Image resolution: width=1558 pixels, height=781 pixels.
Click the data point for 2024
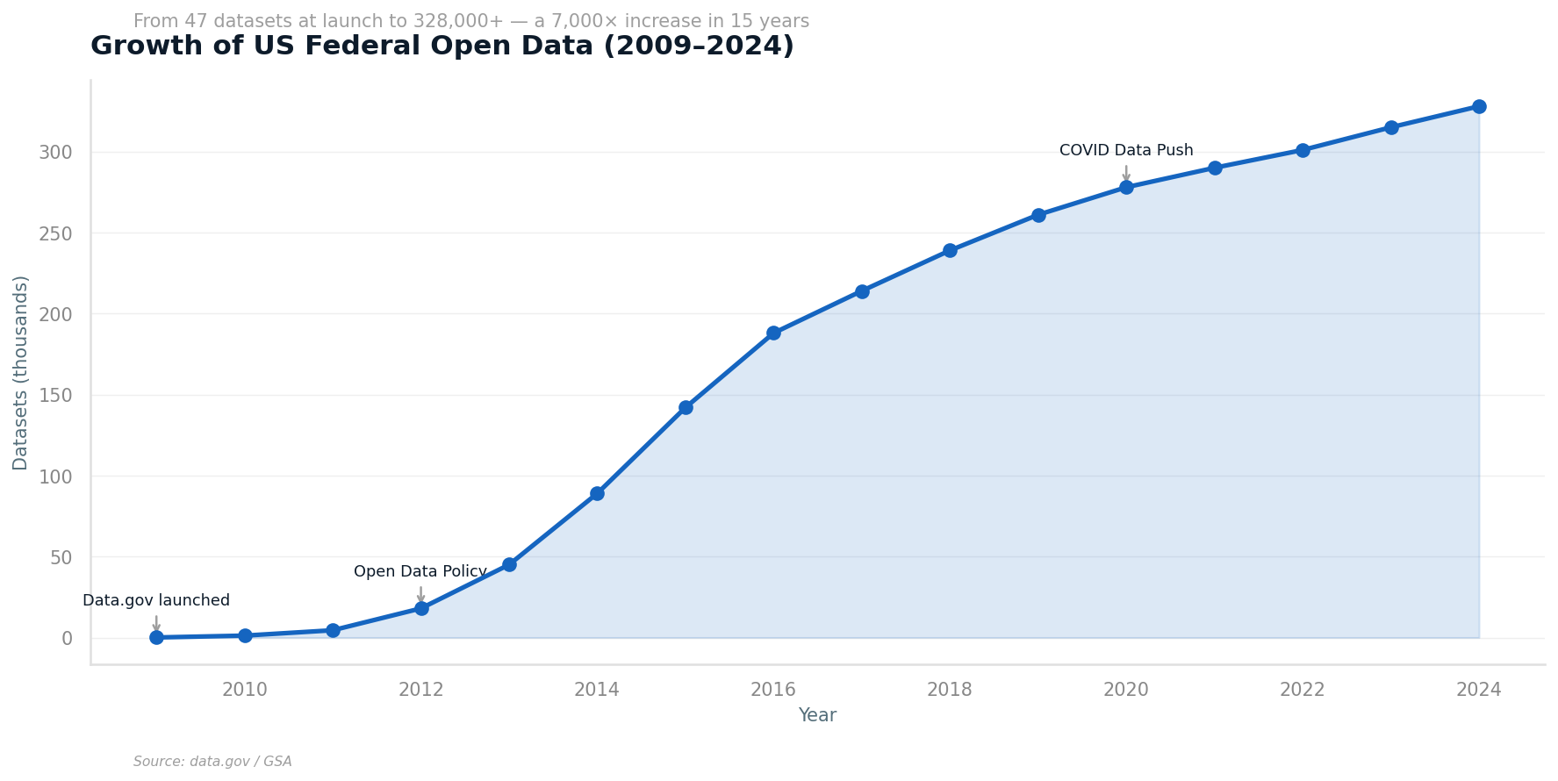pyautogui.click(x=1479, y=107)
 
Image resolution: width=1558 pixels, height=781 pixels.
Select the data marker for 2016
pyautogui.click(x=773, y=333)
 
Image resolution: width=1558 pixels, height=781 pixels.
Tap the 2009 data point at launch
pyautogui.click(x=156, y=637)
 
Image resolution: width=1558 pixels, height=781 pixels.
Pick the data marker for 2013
pyautogui.click(x=509, y=564)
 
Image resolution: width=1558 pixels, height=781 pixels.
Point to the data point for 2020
pyautogui.click(x=1126, y=187)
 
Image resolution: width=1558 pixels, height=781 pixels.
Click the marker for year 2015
pyautogui.click(x=686, y=407)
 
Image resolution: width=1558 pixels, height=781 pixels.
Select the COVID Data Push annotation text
pyautogui.click(x=1126, y=151)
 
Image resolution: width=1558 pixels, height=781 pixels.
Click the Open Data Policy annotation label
pyautogui.click(x=420, y=572)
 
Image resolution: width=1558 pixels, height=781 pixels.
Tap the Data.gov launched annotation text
pyautogui.click(x=156, y=601)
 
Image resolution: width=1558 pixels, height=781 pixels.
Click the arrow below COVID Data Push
pyautogui.click(x=1126, y=173)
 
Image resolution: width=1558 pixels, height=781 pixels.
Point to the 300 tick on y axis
pyautogui.click(x=55, y=153)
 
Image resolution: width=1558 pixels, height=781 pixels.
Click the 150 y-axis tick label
pyautogui.click(x=55, y=396)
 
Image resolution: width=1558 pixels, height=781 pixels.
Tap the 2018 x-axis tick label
pyautogui.click(x=950, y=690)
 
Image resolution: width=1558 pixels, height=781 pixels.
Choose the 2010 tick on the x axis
pyautogui.click(x=245, y=690)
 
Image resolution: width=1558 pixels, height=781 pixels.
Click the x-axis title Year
pyautogui.click(x=817, y=716)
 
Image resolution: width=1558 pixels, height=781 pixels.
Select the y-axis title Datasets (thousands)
pyautogui.click(x=21, y=373)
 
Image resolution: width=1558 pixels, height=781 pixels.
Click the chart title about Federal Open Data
pyautogui.click(x=442, y=47)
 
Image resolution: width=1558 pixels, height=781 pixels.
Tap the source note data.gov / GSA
pyautogui.click(x=212, y=762)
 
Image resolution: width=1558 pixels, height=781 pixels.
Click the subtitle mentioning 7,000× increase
pyautogui.click(x=471, y=22)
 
